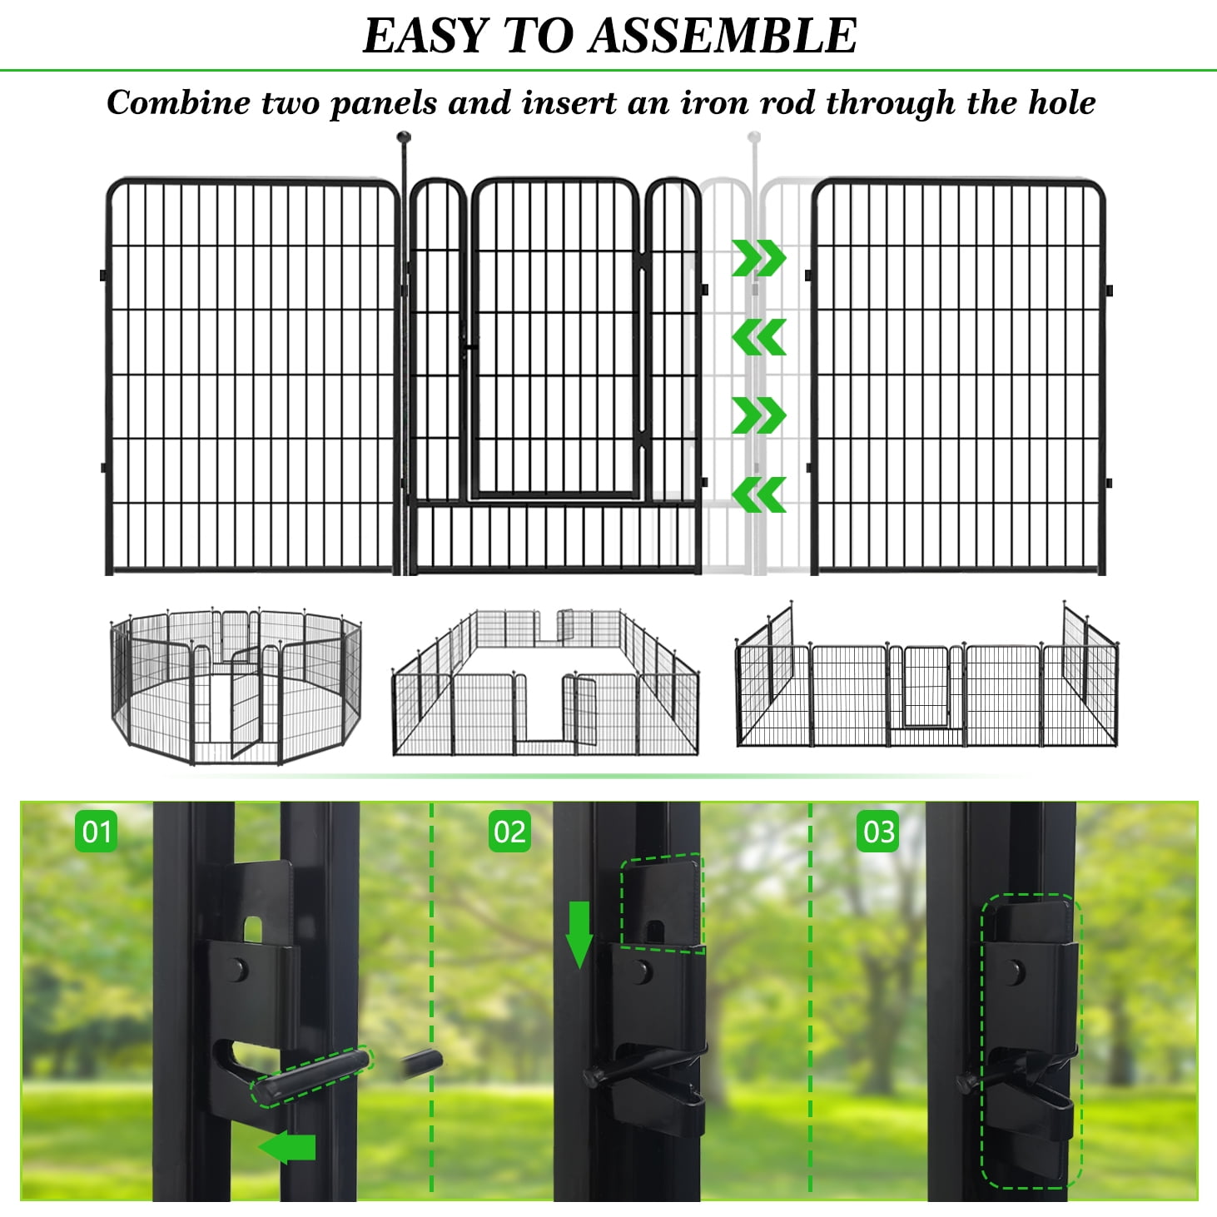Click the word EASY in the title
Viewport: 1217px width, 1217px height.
tap(425, 36)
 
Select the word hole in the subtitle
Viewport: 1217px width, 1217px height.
tap(1061, 103)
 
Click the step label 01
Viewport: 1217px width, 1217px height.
tap(97, 832)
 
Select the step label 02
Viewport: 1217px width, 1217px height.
tap(509, 832)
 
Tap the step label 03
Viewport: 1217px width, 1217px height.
tap(879, 832)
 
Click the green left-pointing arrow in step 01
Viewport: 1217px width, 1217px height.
tap(287, 1148)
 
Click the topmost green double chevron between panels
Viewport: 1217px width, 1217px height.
tap(758, 258)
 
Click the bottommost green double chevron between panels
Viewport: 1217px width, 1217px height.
tap(758, 495)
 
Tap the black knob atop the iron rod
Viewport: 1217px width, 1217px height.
tap(405, 137)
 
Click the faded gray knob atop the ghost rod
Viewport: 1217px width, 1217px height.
tap(754, 137)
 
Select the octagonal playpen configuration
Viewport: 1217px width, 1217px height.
tap(236, 686)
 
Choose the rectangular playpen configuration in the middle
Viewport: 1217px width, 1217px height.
tap(545, 683)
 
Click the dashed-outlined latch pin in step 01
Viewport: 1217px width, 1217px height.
tap(312, 1076)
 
